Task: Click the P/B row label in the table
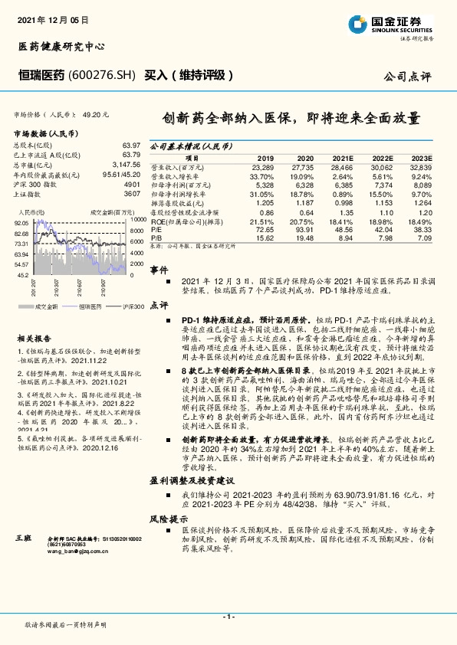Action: [x=156, y=237]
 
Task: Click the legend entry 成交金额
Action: [x=47, y=306]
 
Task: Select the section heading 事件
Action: [x=159, y=270]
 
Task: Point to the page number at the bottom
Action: [x=228, y=617]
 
